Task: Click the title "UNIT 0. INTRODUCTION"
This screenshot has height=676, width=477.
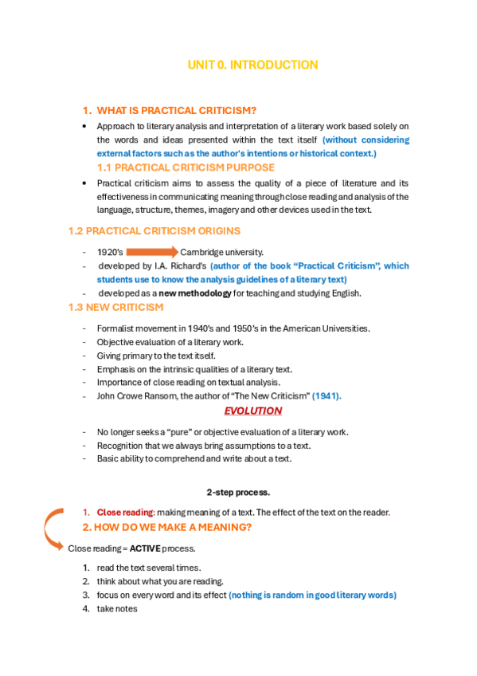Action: tap(252, 65)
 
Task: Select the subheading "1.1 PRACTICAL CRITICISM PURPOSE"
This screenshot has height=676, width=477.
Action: tap(186, 167)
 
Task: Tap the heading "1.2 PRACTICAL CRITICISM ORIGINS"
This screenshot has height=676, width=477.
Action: tap(154, 231)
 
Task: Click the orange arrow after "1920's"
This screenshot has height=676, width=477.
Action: tap(152, 253)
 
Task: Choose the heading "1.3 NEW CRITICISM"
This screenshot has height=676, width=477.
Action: tap(115, 307)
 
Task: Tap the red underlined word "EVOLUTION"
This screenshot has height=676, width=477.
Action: tap(252, 411)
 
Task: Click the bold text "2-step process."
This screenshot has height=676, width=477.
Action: tap(238, 491)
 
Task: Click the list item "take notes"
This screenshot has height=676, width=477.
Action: tap(117, 609)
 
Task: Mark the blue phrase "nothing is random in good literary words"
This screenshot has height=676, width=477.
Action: tap(312, 595)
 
